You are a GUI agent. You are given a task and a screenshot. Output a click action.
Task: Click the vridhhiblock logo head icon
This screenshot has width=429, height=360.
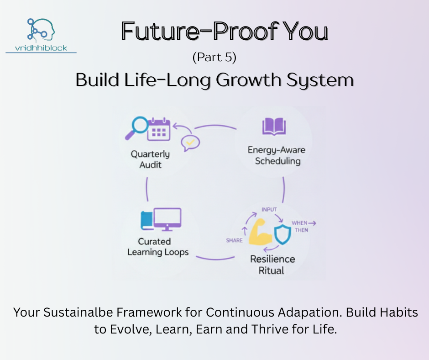pyautogui.click(x=40, y=30)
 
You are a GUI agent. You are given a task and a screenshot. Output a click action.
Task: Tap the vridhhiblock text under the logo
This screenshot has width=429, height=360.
pyautogui.click(x=41, y=47)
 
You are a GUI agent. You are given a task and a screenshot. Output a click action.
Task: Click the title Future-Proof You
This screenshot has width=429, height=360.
pyautogui.click(x=225, y=32)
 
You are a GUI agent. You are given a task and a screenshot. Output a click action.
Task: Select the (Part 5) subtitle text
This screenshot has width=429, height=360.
pyautogui.click(x=214, y=58)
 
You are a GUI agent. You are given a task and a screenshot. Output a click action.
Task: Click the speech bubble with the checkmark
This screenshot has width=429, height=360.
pyautogui.click(x=190, y=143)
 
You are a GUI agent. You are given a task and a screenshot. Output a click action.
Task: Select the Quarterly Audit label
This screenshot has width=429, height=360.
pyautogui.click(x=150, y=159)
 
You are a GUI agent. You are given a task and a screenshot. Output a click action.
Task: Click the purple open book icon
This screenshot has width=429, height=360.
pyautogui.click(x=274, y=127)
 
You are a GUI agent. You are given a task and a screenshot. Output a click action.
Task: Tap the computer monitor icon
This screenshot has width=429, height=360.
pyautogui.click(x=167, y=219)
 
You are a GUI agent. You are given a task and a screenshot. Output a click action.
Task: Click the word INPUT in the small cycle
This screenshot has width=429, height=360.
pyautogui.click(x=269, y=209)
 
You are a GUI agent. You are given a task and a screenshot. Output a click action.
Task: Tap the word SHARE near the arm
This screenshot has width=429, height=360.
pyautogui.click(x=234, y=240)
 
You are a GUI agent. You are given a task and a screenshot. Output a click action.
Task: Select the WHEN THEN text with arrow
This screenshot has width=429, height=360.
pyautogui.click(x=303, y=227)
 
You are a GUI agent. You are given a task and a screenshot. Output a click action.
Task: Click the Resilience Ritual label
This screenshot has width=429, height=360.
pyautogui.click(x=272, y=265)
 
